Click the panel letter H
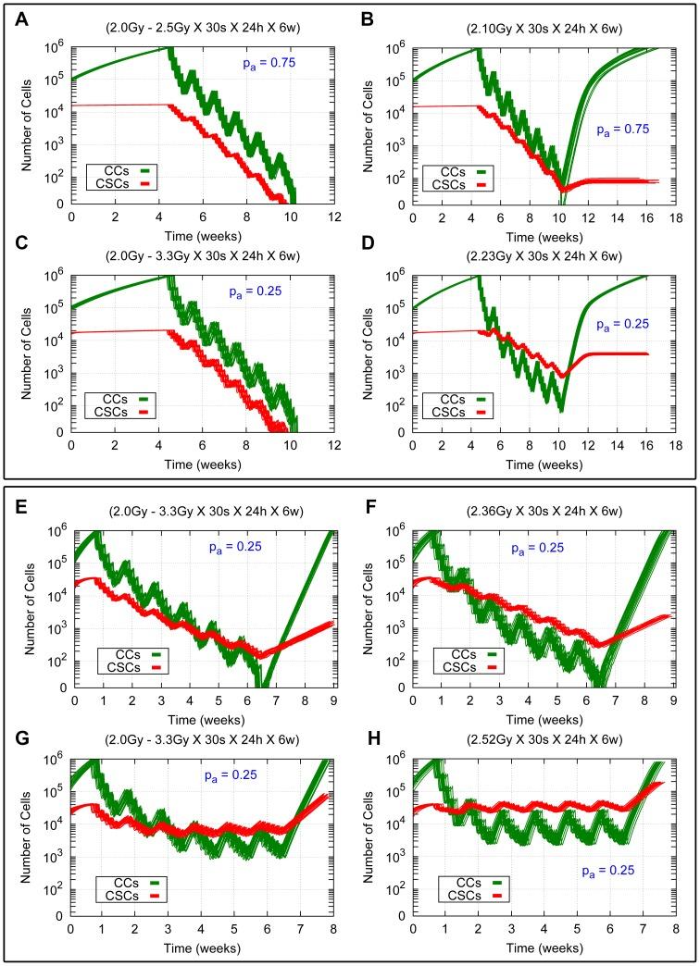[x=367, y=730]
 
